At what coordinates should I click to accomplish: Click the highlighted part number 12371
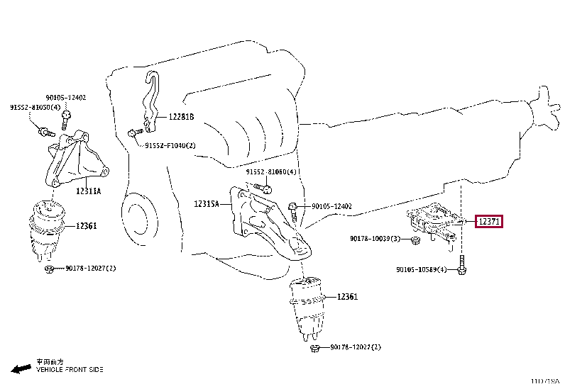point(489,222)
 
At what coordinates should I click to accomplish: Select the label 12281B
point(181,117)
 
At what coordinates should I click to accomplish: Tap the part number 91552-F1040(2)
point(170,146)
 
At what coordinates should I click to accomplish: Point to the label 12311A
point(89,191)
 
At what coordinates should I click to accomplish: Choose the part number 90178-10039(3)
point(375,239)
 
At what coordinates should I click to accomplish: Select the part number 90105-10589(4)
point(422,269)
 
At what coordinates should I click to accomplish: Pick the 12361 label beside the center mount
point(347,297)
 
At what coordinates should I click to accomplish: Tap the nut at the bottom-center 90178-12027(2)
point(314,347)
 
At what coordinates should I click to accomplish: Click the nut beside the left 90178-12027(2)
point(50,269)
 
